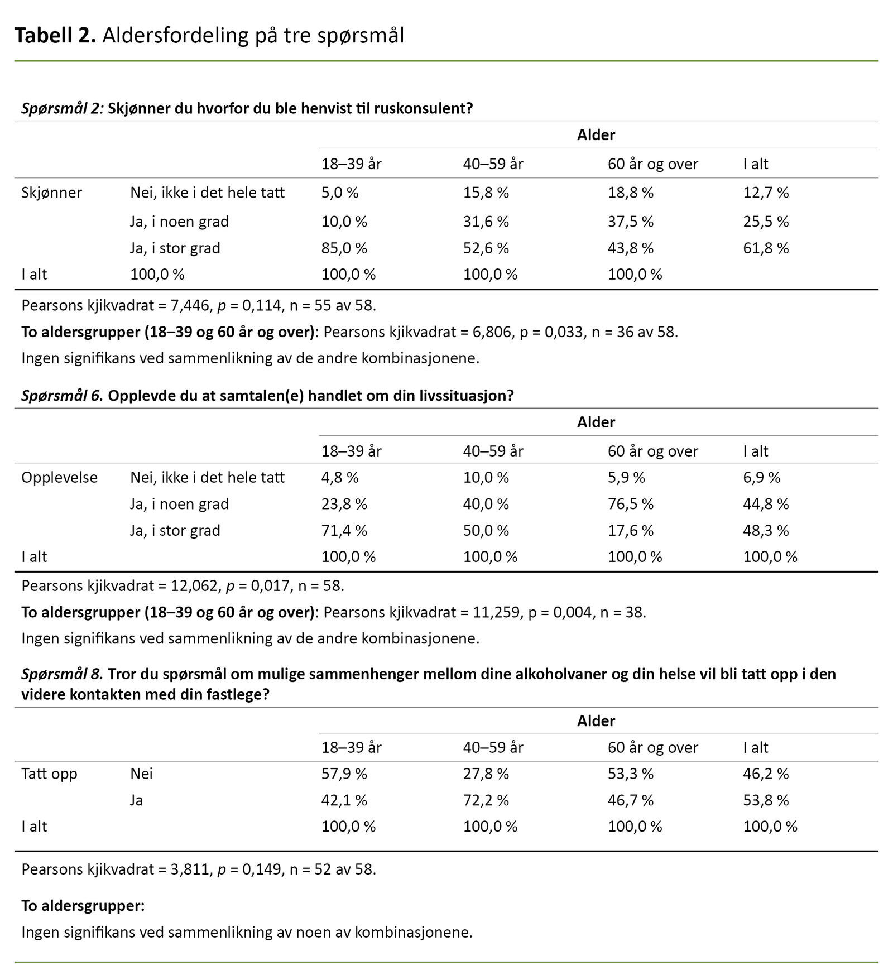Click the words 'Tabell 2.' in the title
click(x=55, y=36)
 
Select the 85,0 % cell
click(x=344, y=248)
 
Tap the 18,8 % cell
click(x=630, y=193)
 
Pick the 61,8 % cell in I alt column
click(x=766, y=248)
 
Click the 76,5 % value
click(x=630, y=504)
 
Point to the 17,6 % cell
click(x=630, y=530)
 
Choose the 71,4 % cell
click(x=344, y=530)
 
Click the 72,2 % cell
click(x=486, y=800)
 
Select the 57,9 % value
click(x=344, y=774)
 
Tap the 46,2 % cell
click(x=766, y=774)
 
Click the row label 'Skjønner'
click(x=51, y=193)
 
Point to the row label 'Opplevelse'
click(x=59, y=478)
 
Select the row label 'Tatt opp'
click(x=49, y=774)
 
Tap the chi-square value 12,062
click(x=195, y=586)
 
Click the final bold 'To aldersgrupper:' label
click(x=83, y=906)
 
